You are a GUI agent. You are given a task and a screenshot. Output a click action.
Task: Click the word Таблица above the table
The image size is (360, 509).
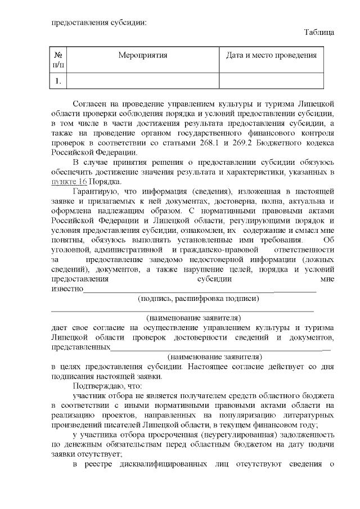(x=319, y=33)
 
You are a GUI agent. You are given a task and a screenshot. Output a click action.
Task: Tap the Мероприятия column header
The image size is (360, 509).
(x=143, y=56)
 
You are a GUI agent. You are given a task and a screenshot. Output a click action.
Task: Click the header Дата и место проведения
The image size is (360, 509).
(x=271, y=56)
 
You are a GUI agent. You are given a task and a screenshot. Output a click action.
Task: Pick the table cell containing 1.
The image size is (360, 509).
(x=58, y=82)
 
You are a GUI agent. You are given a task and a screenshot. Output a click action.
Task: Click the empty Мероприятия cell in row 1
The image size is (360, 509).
(x=143, y=82)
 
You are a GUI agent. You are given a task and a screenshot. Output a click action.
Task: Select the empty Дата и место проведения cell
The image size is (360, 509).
(x=271, y=82)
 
